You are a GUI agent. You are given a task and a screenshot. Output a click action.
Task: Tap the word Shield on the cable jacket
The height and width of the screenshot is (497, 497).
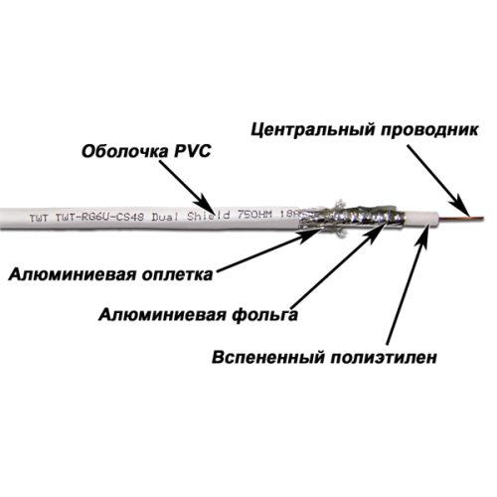tap(210, 215)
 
